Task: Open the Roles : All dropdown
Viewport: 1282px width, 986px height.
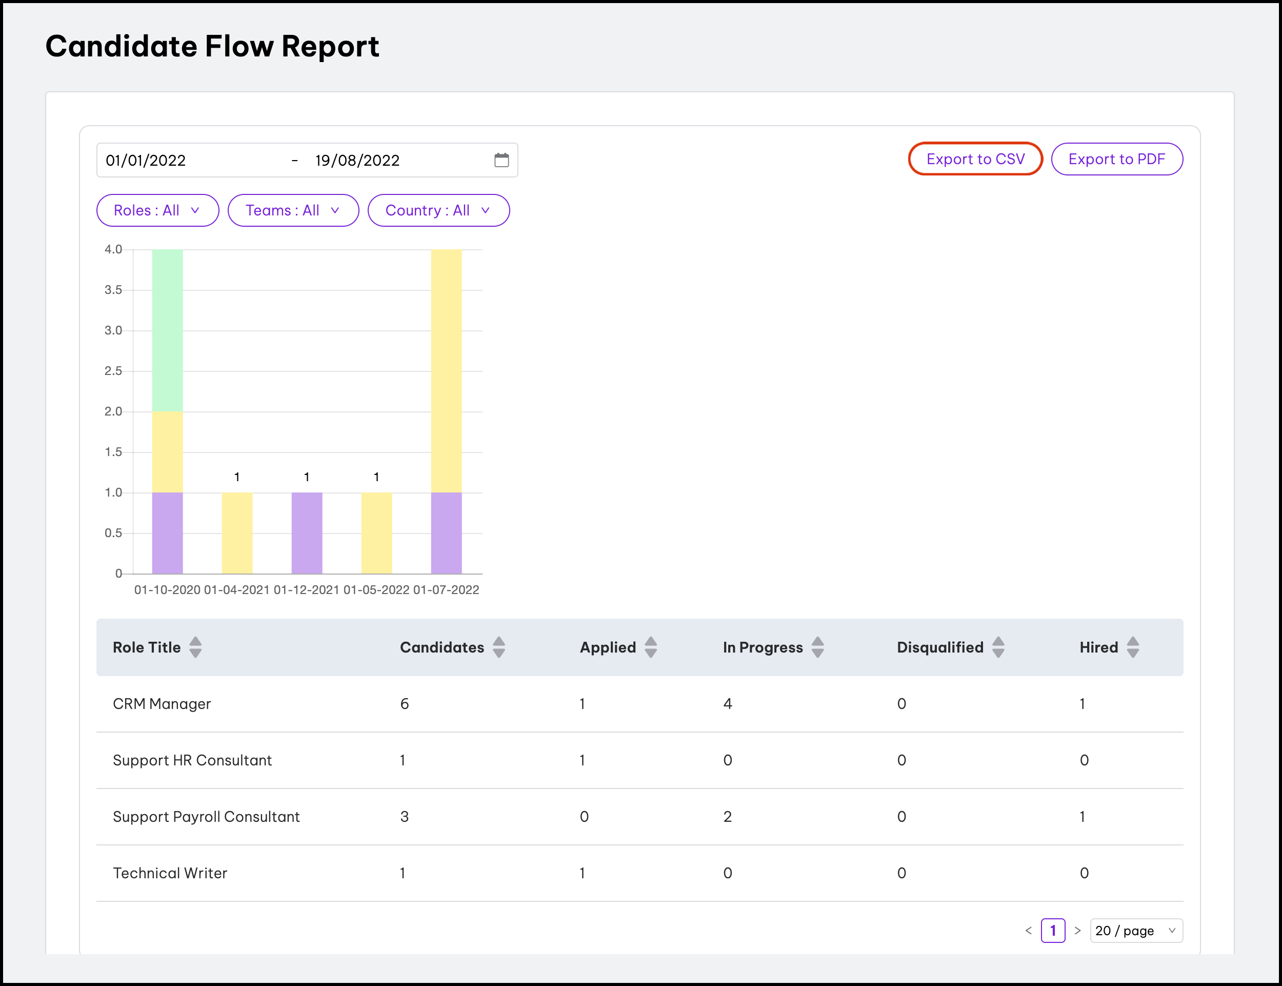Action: (x=157, y=210)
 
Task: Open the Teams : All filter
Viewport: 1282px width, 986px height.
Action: (x=293, y=210)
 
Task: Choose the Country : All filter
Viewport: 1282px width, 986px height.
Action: (x=438, y=210)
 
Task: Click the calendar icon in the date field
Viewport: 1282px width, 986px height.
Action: (x=501, y=160)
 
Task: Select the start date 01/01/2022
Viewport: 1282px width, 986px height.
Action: (x=146, y=160)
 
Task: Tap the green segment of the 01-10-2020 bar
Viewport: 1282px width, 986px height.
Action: (x=167, y=330)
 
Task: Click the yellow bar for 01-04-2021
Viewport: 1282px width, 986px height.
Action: (x=237, y=533)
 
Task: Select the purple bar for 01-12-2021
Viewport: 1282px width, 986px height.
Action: (x=307, y=533)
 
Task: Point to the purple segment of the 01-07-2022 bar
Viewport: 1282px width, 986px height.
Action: (x=446, y=533)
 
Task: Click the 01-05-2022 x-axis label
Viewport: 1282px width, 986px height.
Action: (x=376, y=590)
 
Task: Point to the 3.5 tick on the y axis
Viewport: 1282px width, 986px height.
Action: (x=113, y=290)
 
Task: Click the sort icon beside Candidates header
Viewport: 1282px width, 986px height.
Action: (x=499, y=647)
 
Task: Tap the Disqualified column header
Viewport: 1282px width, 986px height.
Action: (x=940, y=647)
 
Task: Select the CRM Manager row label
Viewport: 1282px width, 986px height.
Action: (x=162, y=704)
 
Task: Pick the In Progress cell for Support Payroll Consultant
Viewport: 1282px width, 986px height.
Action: (x=728, y=816)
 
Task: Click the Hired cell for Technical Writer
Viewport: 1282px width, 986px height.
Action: (x=1084, y=873)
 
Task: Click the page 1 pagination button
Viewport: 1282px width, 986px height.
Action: (x=1053, y=930)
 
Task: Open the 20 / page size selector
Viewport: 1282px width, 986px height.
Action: (x=1135, y=930)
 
